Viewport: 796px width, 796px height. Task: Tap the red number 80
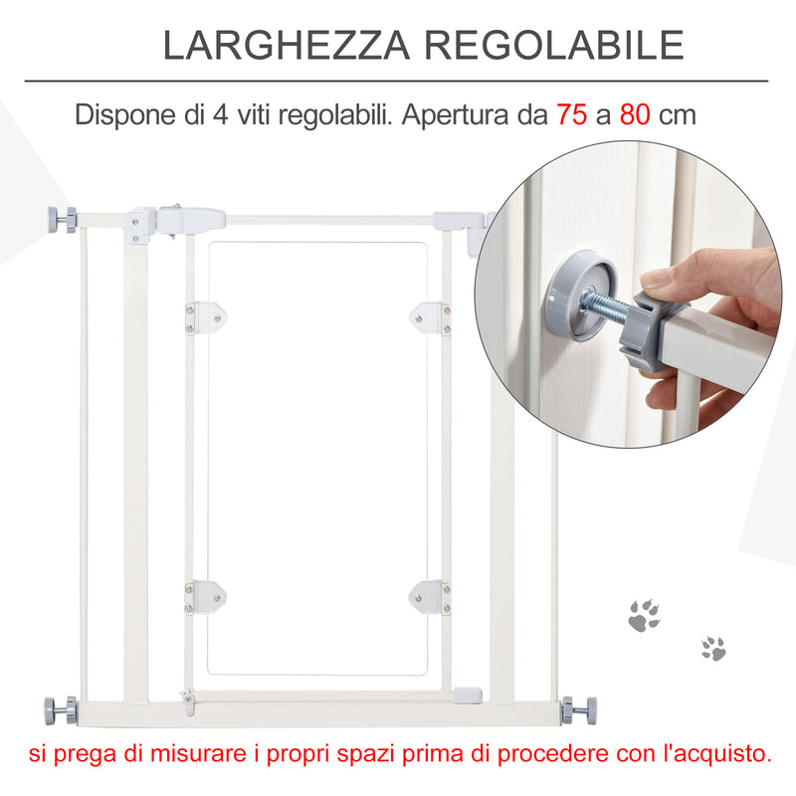tap(635, 115)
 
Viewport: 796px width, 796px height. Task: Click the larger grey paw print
tap(644, 616)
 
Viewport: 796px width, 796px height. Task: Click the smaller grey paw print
tap(712, 649)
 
